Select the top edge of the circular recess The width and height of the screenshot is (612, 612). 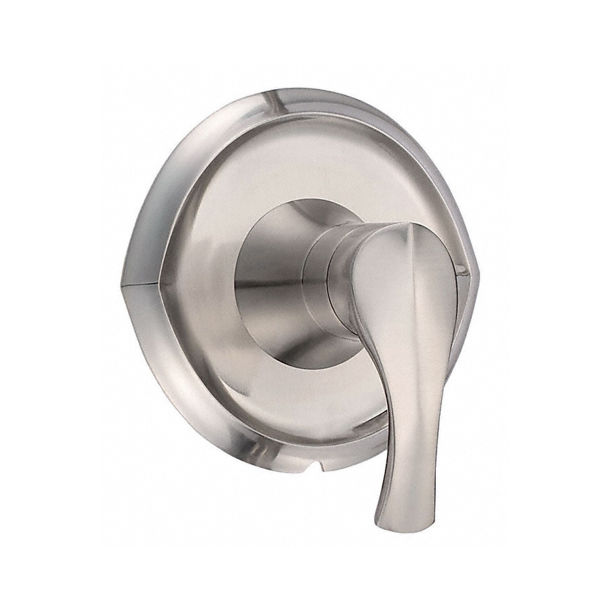point(299,201)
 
